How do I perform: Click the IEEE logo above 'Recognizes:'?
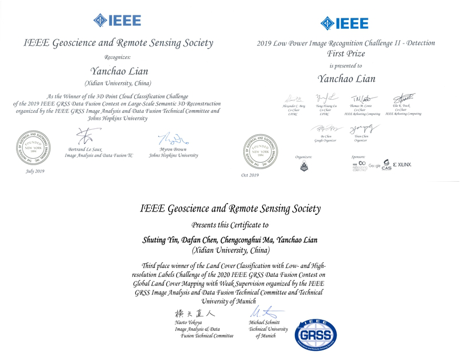[x=116, y=19]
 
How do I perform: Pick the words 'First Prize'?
[x=345, y=53]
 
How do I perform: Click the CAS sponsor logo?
[x=386, y=165]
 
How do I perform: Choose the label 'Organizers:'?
[x=303, y=155]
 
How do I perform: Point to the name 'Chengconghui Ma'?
[x=248, y=240]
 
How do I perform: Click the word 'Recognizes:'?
[x=118, y=57]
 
